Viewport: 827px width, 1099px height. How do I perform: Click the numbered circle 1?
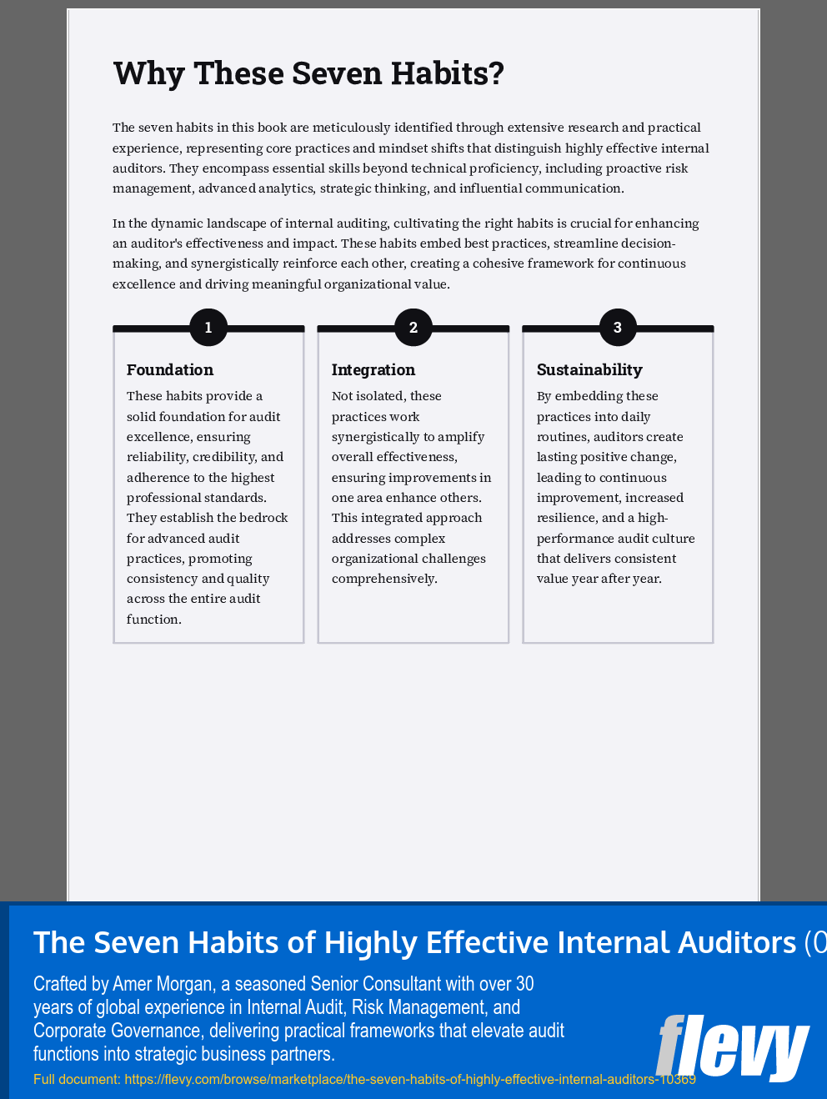tap(208, 328)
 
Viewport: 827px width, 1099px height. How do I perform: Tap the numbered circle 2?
tap(413, 328)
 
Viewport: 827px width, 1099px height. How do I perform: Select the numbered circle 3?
tap(618, 328)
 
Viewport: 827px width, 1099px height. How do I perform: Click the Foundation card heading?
tap(170, 369)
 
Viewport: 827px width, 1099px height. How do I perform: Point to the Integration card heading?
tap(373, 369)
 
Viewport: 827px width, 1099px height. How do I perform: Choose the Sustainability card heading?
tap(589, 369)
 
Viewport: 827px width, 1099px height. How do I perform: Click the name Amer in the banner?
tap(131, 984)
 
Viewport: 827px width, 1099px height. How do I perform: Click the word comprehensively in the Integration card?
tap(383, 579)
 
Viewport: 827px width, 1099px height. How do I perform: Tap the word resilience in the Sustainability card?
tap(566, 518)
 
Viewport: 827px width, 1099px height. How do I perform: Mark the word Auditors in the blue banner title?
tap(737, 942)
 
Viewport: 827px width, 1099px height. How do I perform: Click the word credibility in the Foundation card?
tap(226, 457)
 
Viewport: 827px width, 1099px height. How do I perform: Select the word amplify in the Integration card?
tap(464, 437)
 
